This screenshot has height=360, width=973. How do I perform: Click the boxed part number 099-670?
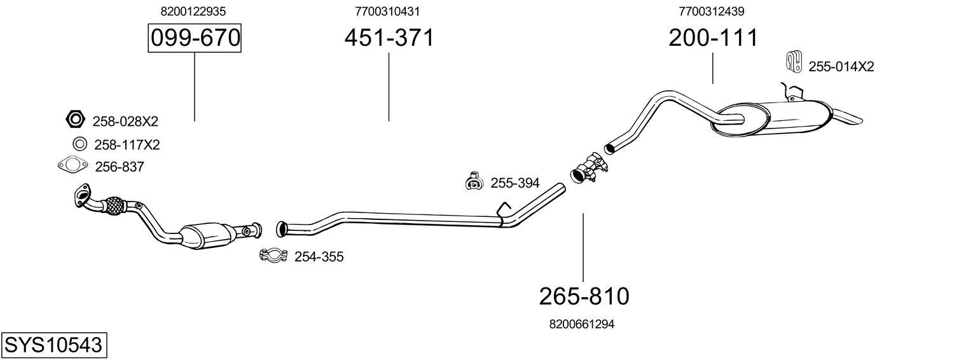pyautogui.click(x=195, y=39)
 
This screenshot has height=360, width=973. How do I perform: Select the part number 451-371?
pyautogui.click(x=389, y=38)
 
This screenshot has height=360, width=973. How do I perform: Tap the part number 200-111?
pyautogui.click(x=713, y=38)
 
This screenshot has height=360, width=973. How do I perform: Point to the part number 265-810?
pyautogui.click(x=584, y=296)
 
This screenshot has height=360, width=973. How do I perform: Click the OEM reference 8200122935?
pyautogui.click(x=194, y=11)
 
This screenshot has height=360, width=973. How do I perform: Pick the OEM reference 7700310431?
pyautogui.click(x=387, y=11)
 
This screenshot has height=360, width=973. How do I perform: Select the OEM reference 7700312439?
pyautogui.click(x=712, y=11)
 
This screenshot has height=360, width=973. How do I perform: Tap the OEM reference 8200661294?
pyautogui.click(x=582, y=324)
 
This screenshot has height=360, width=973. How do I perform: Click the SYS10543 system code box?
pyautogui.click(x=53, y=345)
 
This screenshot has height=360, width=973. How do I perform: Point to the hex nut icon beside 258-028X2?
pyautogui.click(x=75, y=119)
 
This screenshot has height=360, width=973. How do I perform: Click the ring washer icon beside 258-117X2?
pyautogui.click(x=80, y=144)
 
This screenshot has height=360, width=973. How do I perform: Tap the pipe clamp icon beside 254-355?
pyautogui.click(x=273, y=256)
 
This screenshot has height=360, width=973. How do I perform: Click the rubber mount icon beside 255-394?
pyautogui.click(x=474, y=182)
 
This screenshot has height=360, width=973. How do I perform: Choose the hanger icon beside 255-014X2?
pyautogui.click(x=793, y=61)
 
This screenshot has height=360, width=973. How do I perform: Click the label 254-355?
pyautogui.click(x=319, y=257)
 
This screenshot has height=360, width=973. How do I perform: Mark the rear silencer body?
pyautogui.click(x=772, y=119)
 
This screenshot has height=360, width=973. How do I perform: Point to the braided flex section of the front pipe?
pyautogui.click(x=114, y=207)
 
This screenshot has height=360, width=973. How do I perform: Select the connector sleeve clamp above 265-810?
pyautogui.click(x=588, y=169)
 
